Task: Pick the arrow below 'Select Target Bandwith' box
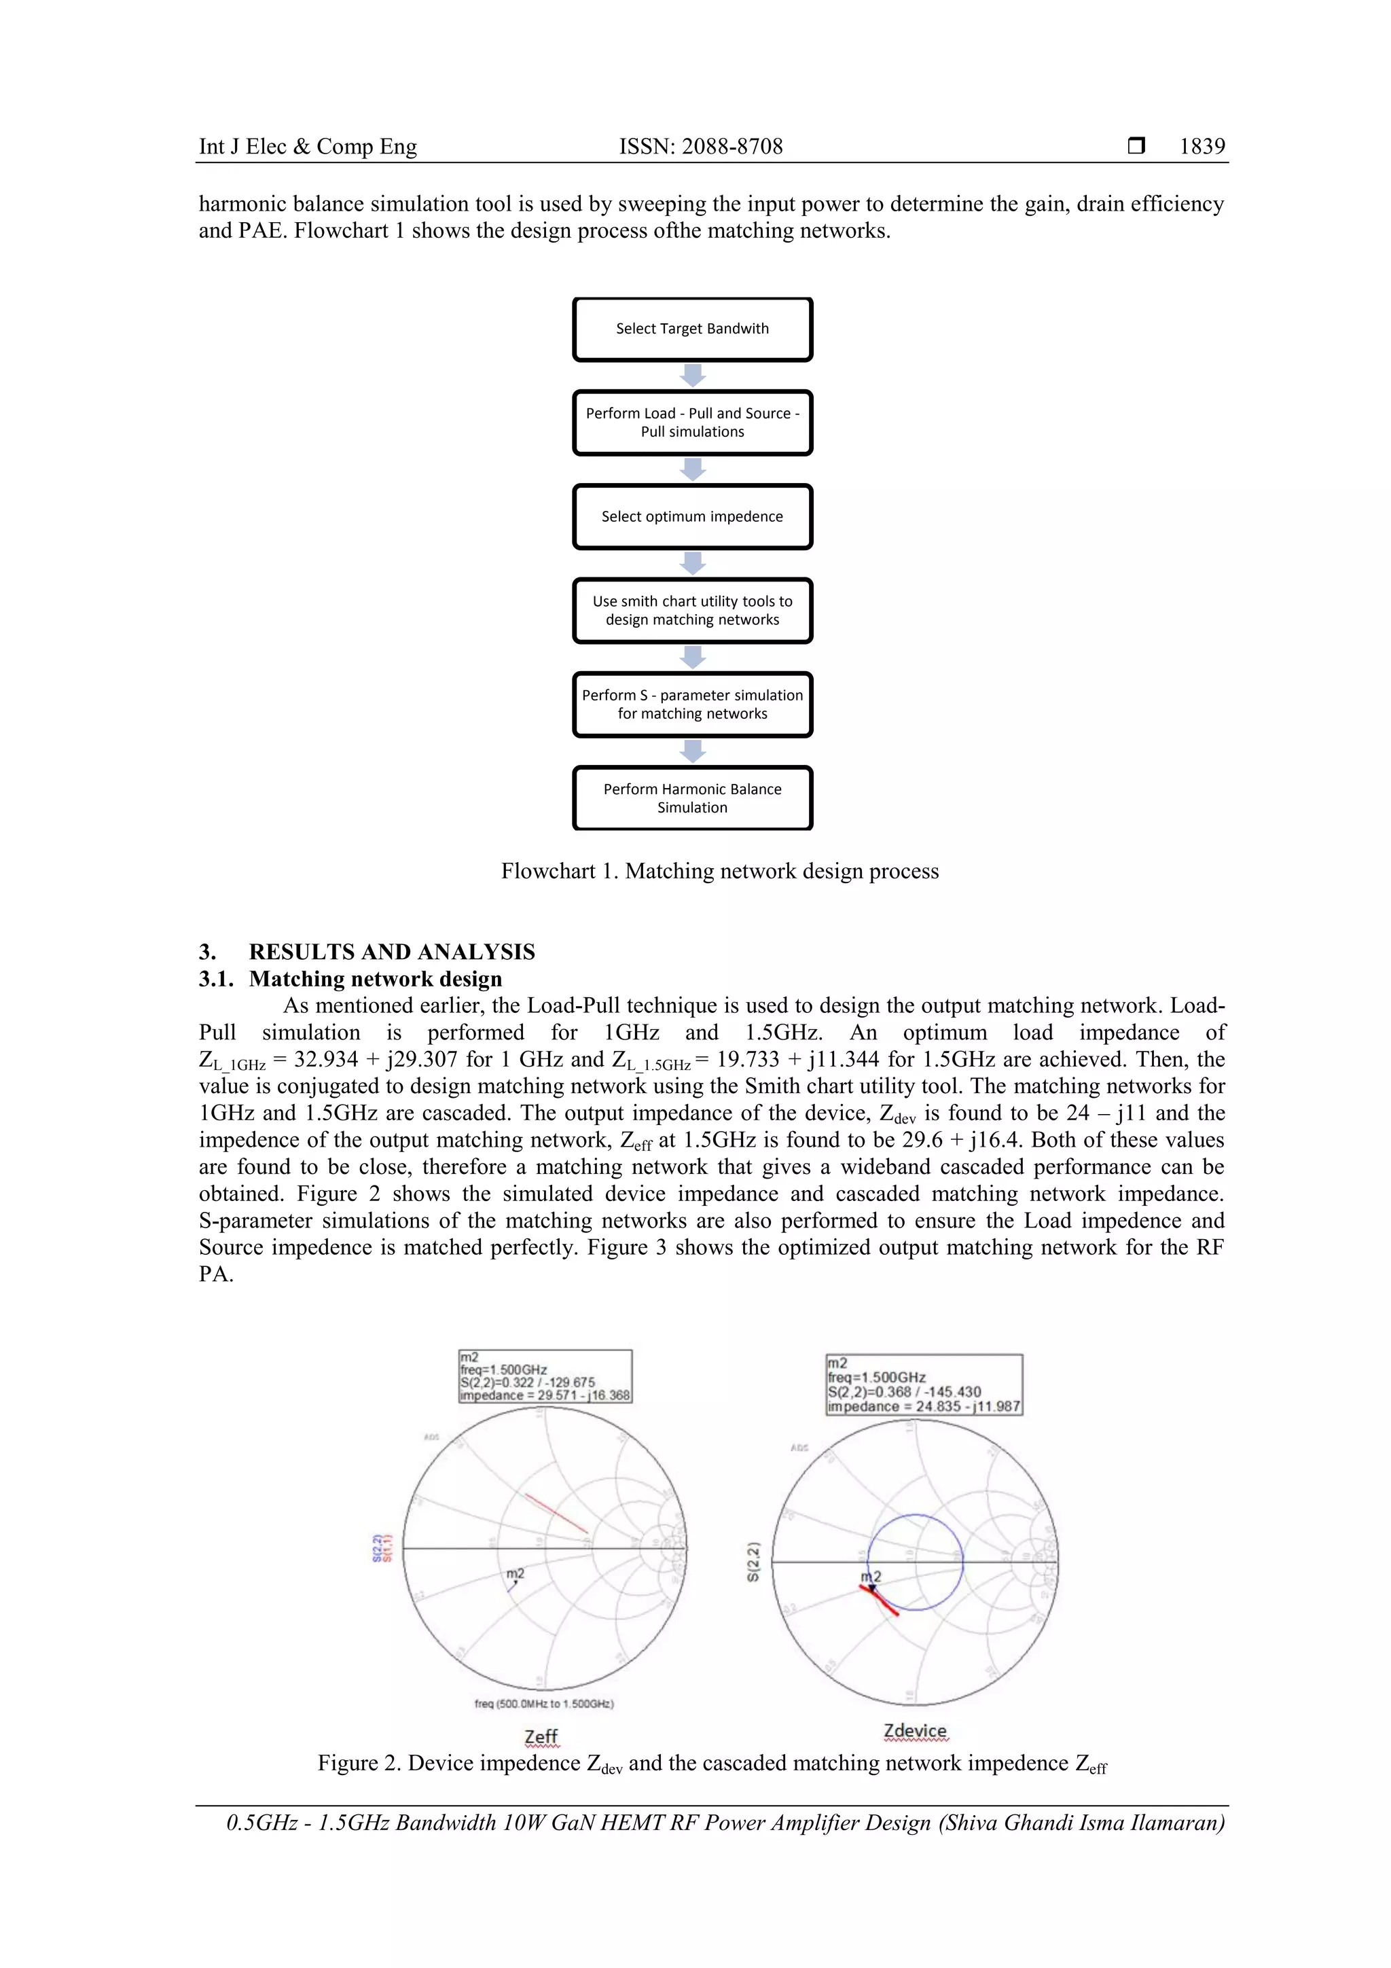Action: pos(693,376)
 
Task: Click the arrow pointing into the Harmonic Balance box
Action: pos(693,751)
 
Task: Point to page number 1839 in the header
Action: pos(1202,147)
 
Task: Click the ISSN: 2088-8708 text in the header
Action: pos(700,147)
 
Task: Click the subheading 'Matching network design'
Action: pos(376,979)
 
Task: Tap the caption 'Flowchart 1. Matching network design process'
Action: pos(719,871)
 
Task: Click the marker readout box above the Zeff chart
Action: pos(545,1376)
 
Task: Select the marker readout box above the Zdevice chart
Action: pos(923,1384)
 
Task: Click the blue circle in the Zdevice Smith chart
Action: pos(916,1516)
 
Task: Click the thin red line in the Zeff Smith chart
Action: pos(556,1514)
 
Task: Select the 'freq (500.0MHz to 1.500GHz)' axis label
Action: pos(543,1704)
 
